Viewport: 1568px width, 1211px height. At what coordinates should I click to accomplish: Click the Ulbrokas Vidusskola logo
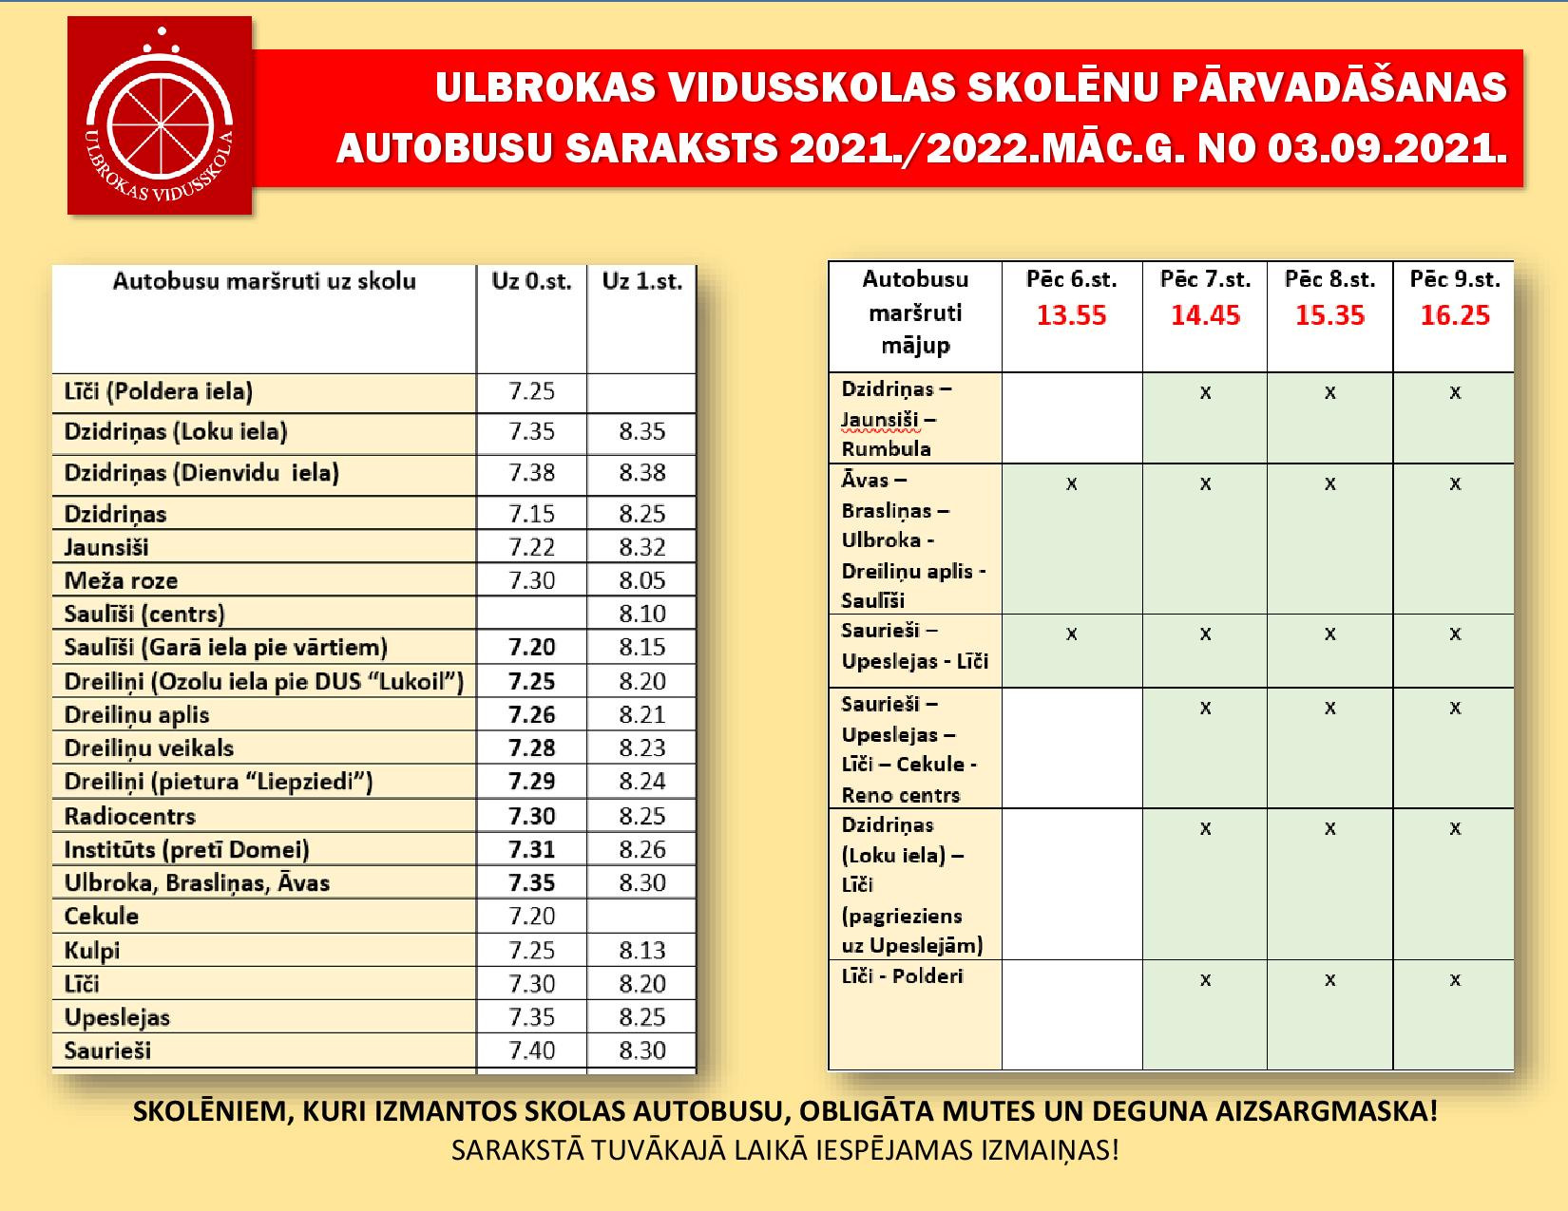point(160,115)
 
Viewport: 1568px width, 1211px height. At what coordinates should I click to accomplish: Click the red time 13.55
point(1071,315)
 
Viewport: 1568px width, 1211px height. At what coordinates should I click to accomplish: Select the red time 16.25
point(1454,315)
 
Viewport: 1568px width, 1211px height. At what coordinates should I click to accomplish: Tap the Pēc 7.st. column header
point(1205,279)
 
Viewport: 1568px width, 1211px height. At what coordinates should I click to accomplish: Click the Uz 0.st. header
point(531,281)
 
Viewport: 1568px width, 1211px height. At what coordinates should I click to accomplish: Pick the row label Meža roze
point(121,580)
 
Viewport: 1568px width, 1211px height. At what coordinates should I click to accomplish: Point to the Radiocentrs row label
point(130,816)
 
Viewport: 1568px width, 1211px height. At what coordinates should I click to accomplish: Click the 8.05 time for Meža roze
point(641,580)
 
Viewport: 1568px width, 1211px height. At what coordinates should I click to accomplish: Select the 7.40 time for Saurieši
point(531,1050)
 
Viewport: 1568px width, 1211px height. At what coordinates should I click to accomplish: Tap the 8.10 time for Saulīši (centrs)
point(641,614)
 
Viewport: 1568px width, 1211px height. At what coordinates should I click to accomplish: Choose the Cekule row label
point(102,917)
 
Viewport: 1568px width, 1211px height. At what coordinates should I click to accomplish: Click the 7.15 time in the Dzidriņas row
point(531,514)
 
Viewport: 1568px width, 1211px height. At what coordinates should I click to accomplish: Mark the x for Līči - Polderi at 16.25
point(1454,979)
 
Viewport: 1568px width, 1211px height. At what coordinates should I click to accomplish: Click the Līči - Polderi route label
point(902,976)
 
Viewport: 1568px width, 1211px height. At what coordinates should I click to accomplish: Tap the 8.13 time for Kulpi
point(641,950)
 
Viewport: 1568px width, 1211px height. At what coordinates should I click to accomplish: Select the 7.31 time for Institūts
point(531,849)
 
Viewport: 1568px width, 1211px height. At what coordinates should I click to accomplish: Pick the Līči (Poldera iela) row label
point(159,391)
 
